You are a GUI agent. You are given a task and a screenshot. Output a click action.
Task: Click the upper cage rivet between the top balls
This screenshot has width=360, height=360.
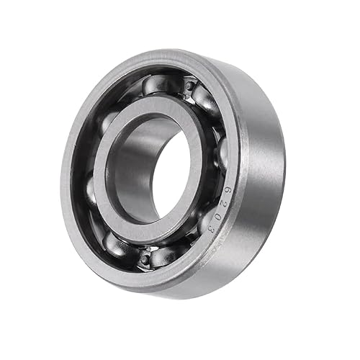189,87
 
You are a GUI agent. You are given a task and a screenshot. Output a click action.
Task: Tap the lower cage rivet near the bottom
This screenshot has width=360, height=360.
146,254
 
